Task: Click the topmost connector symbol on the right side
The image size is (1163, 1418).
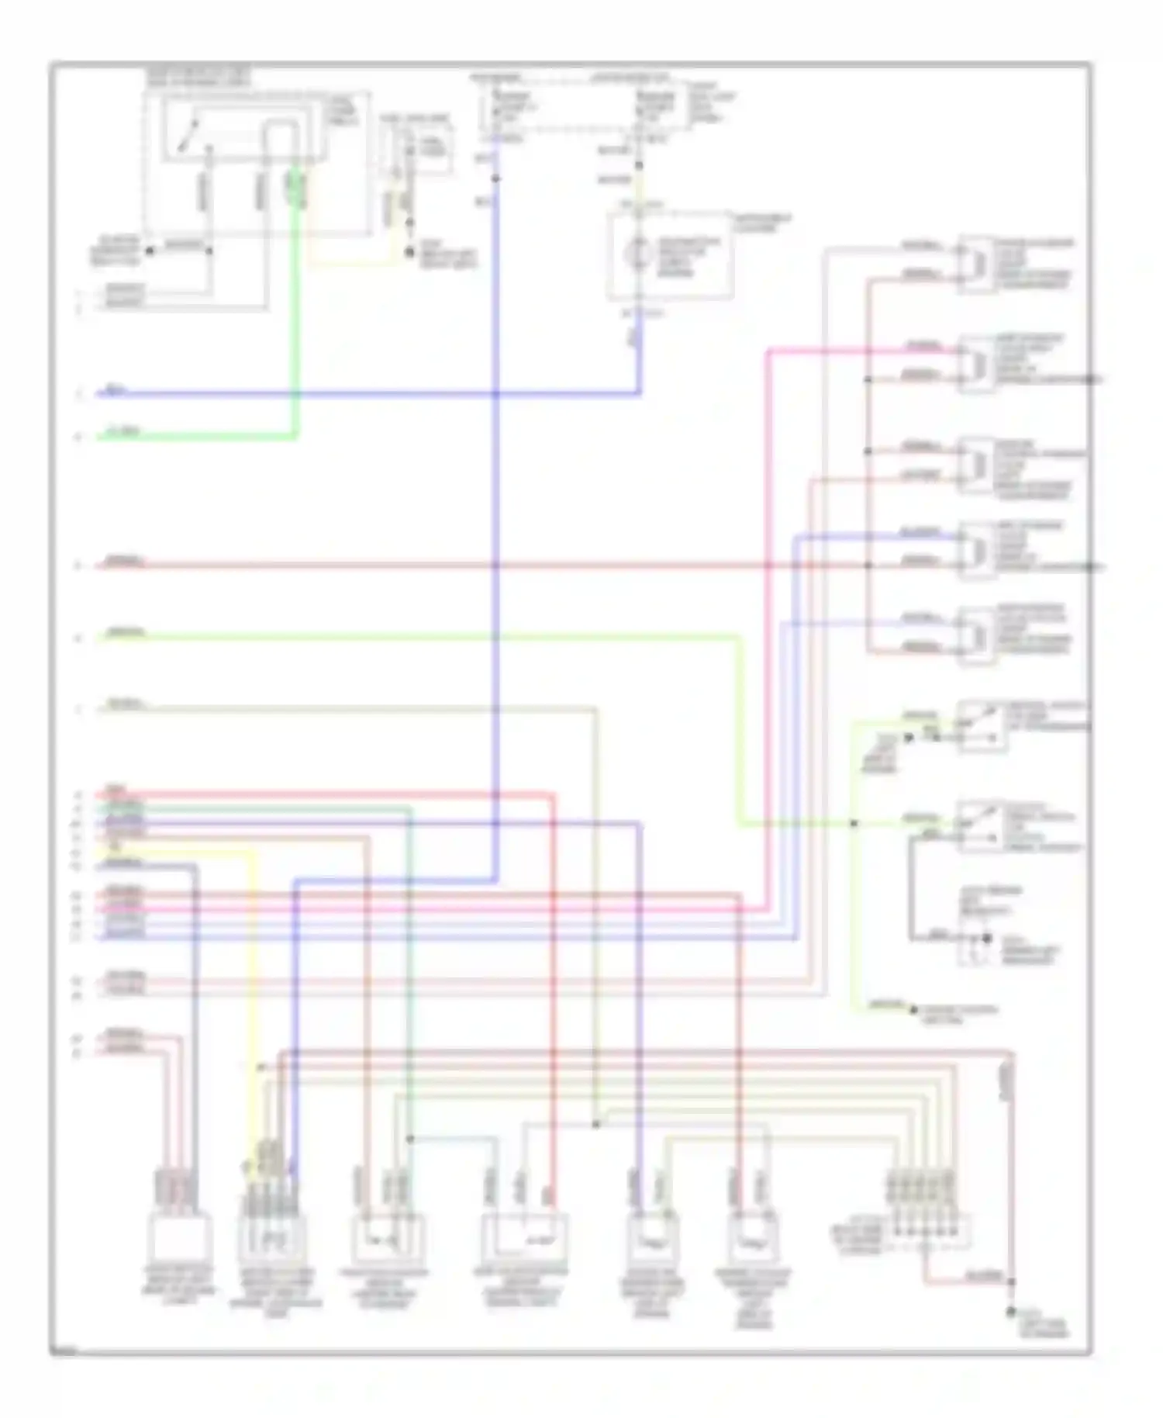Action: (975, 265)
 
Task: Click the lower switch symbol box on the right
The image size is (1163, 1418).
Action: (982, 827)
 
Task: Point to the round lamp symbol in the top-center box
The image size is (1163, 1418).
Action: (637, 253)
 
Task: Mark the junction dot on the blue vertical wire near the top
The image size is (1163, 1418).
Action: (496, 179)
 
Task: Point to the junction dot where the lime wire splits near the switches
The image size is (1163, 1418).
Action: (854, 824)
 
